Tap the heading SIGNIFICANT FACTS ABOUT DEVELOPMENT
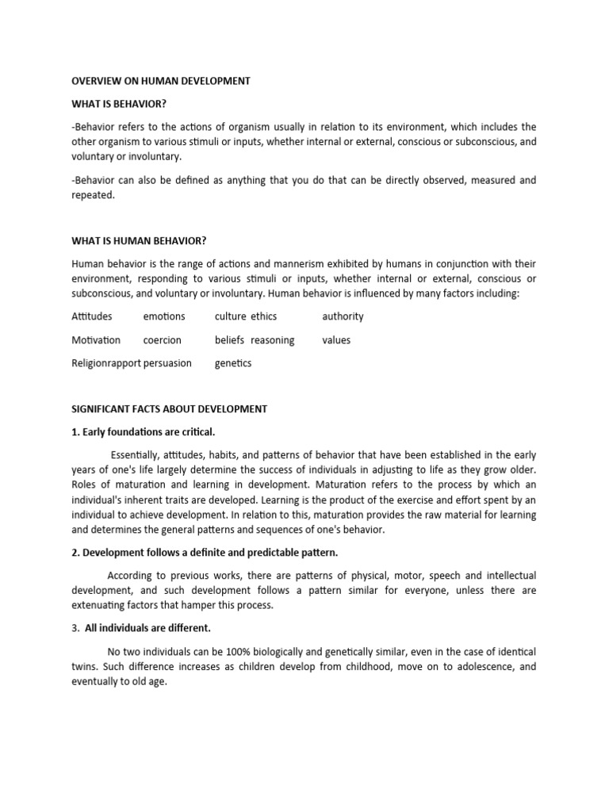pyautogui.click(x=169, y=409)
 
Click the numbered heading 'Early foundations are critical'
pyautogui.click(x=144, y=432)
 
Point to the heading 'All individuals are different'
pyautogui.click(x=150, y=628)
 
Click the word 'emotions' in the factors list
pyautogui.click(x=164, y=316)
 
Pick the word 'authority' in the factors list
pyautogui.click(x=343, y=316)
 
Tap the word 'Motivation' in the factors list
pyautogui.click(x=96, y=340)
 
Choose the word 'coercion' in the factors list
pyautogui.click(x=162, y=340)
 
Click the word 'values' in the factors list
pyautogui.click(x=336, y=340)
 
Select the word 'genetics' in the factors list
pyautogui.click(x=233, y=363)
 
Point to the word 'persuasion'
pyautogui.click(x=167, y=363)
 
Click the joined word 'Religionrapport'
pyautogui.click(x=106, y=363)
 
